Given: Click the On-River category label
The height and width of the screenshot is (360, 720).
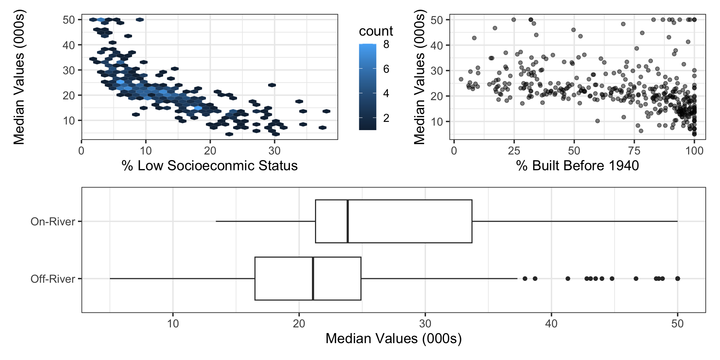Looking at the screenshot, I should pos(53,222).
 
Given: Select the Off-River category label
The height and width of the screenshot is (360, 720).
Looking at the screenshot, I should pos(53,279).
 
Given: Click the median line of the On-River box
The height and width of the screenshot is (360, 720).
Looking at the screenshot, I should pos(348,221).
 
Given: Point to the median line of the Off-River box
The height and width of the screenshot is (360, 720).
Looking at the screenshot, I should pos(313,279).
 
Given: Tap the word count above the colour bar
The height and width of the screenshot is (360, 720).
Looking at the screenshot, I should pos(376,31).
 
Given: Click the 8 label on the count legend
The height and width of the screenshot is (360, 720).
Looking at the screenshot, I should pos(386,45).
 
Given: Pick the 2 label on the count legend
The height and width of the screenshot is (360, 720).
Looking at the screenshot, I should pos(386,118).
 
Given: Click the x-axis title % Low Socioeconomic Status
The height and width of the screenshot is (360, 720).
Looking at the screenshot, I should pos(210,166).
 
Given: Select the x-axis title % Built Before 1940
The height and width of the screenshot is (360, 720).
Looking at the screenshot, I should pos(577,166).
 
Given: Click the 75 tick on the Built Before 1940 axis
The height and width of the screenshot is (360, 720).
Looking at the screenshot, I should pos(634,151).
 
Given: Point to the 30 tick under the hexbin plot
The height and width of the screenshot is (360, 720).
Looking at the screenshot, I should pos(274,151).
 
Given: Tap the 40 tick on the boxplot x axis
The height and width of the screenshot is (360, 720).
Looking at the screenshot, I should pos(551,323).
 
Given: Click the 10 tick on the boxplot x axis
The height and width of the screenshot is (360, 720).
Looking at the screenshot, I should pos(173,323).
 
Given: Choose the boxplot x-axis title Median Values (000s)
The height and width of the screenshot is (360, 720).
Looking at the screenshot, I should pos(393,339).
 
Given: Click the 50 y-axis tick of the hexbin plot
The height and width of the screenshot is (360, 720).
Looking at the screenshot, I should pos(69,20).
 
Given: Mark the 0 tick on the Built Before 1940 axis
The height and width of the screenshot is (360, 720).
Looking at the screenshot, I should pos(454,151).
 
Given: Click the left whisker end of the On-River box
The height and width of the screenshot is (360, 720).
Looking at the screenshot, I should pos(216,221).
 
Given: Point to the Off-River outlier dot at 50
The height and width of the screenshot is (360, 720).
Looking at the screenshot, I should pos(678,279).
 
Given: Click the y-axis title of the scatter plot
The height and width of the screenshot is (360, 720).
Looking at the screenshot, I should pos(419,77).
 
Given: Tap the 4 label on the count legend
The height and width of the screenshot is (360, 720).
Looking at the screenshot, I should pos(386,93).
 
